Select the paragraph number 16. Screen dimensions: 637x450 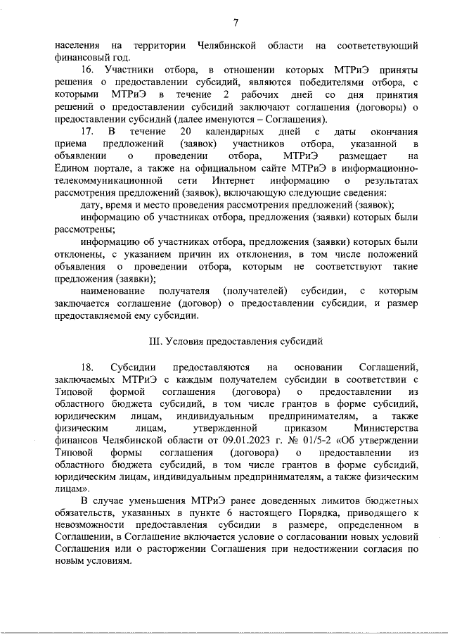coord(87,70)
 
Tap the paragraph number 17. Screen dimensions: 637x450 coord(87,132)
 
